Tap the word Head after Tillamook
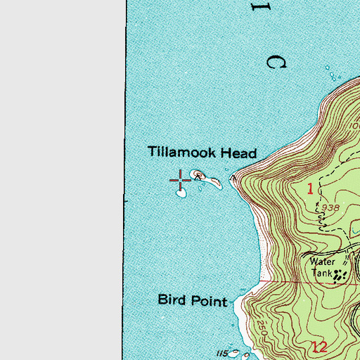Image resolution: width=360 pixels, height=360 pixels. coord(239,153)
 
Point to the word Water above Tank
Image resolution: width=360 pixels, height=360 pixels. coord(323,259)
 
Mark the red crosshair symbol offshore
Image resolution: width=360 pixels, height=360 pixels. coord(181,179)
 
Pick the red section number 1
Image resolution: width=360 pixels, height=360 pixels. coord(309,188)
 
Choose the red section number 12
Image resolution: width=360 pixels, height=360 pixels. coord(321,346)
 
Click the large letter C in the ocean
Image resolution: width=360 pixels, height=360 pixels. coord(277,62)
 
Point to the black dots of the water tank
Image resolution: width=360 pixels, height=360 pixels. coord(340,276)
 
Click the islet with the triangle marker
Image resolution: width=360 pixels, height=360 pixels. coord(199,174)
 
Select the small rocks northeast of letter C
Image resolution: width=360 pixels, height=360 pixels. coord(329,70)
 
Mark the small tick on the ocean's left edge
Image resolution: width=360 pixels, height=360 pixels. coord(125,200)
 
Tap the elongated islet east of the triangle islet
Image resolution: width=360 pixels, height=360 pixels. coord(210,180)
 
